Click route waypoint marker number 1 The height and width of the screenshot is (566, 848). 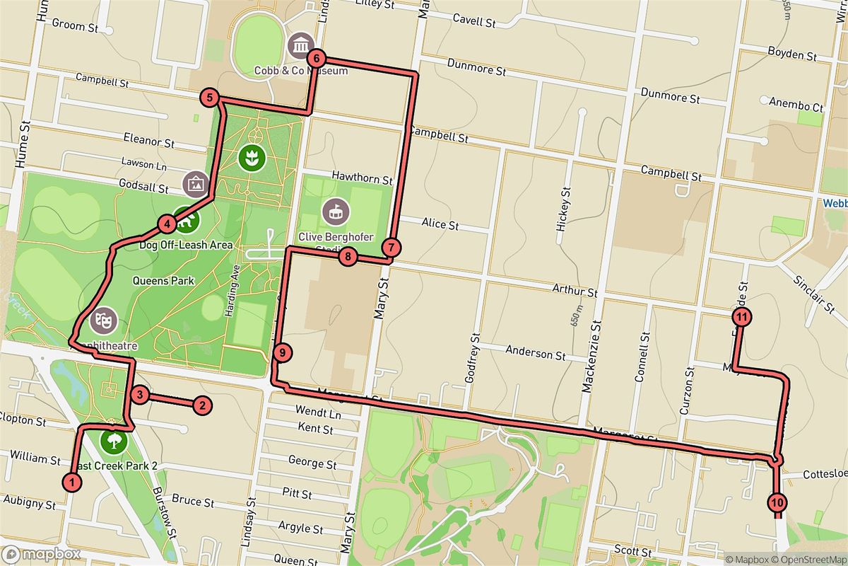[x=71, y=482]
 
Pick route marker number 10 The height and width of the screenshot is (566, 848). [x=777, y=502]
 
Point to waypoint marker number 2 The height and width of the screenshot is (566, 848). [x=202, y=405]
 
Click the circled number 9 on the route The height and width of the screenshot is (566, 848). [x=282, y=352]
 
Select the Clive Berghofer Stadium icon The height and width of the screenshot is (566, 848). [x=335, y=211]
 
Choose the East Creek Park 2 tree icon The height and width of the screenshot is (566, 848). [x=112, y=442]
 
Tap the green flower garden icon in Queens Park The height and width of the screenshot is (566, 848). [x=250, y=157]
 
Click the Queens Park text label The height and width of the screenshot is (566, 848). [x=163, y=280]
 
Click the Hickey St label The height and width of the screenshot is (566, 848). [x=564, y=211]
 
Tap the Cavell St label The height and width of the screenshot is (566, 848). [x=473, y=21]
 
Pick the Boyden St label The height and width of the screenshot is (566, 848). [x=792, y=53]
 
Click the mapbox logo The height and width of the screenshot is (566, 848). [x=35, y=553]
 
